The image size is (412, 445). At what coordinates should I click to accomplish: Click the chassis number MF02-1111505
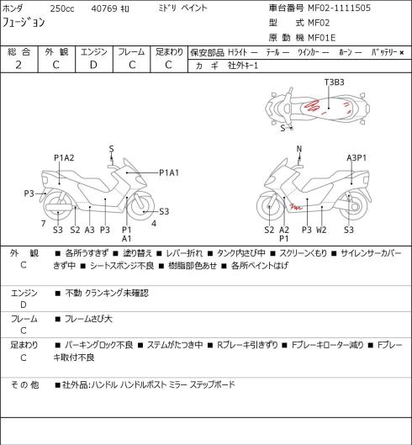[340, 8]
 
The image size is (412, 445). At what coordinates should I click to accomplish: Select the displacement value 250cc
[62, 8]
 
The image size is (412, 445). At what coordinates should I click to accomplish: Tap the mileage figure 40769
[104, 8]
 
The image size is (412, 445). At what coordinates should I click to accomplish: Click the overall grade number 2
[18, 65]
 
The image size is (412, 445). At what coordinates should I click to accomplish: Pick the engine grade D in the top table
[93, 65]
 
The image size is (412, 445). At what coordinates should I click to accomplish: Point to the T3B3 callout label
[335, 82]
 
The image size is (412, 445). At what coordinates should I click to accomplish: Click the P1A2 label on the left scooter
[64, 158]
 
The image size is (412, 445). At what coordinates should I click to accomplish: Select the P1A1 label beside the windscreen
[169, 172]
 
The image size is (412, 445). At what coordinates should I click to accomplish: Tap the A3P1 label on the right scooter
[357, 158]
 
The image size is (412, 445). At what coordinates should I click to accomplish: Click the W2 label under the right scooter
[321, 230]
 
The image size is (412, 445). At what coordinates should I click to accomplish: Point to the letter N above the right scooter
[299, 148]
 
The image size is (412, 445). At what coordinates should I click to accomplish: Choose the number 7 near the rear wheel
[43, 224]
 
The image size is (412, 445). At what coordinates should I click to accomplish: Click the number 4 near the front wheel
[154, 224]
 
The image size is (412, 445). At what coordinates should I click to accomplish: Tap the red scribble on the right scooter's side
[296, 206]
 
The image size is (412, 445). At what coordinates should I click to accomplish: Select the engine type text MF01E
[322, 38]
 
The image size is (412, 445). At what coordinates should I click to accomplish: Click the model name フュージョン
[24, 23]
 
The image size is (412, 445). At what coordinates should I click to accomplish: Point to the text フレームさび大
[88, 319]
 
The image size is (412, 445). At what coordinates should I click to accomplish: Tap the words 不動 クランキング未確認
[107, 293]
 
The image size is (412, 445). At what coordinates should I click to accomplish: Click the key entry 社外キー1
[243, 66]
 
